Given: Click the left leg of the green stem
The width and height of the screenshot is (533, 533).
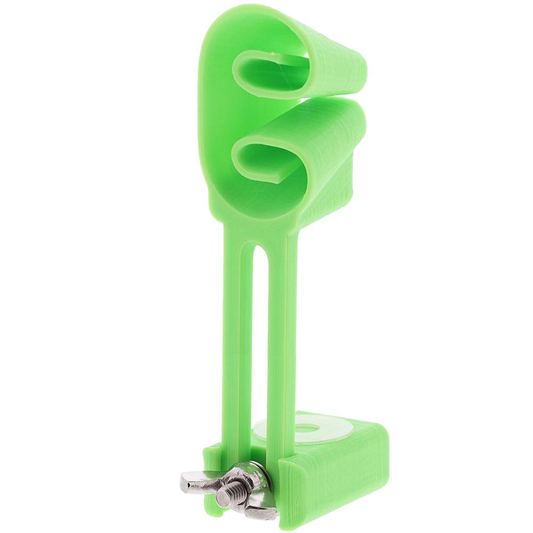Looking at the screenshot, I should click(x=235, y=346).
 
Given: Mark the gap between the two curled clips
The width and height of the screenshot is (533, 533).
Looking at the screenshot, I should click(x=320, y=99).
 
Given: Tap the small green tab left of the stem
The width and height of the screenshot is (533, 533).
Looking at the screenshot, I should click(x=212, y=469).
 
